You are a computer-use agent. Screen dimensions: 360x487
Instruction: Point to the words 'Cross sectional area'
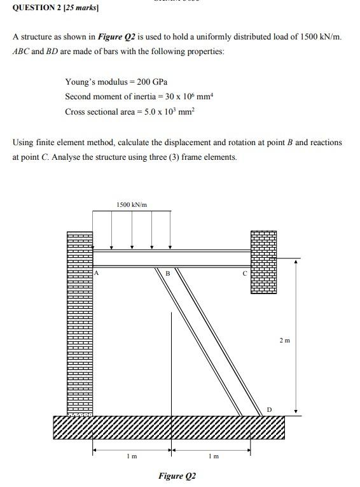pyautogui.click(x=95, y=111)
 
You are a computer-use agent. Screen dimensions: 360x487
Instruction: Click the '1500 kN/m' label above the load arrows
pyautogui.click(x=132, y=204)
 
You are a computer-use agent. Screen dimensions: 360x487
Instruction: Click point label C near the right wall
pyautogui.click(x=244, y=273)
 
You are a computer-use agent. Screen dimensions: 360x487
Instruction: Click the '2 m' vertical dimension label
pyautogui.click(x=284, y=341)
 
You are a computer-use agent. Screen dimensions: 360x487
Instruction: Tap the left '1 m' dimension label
pyautogui.click(x=130, y=456)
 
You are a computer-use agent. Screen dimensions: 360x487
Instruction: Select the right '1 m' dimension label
pyautogui.click(x=213, y=456)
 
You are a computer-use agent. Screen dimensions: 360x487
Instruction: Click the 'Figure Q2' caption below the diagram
pyautogui.click(x=177, y=476)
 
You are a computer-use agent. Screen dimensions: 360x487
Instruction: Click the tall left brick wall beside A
pyautogui.click(x=80, y=318)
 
